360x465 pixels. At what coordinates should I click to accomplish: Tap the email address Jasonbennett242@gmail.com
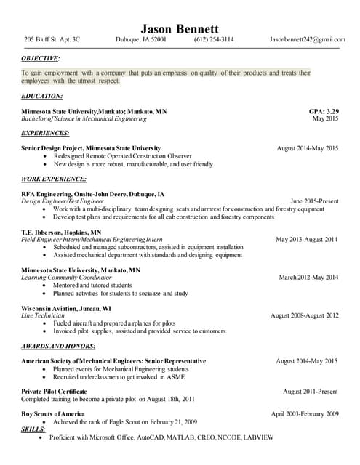click(307, 39)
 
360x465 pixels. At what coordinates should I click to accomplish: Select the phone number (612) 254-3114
click(214, 39)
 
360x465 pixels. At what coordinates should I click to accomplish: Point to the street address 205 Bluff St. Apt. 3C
click(52, 39)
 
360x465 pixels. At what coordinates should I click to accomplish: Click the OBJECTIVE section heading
click(41, 57)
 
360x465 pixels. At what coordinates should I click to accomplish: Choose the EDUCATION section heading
click(42, 96)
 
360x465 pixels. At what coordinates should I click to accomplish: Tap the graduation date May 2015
click(325, 118)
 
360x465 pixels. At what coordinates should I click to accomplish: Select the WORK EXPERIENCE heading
click(54, 179)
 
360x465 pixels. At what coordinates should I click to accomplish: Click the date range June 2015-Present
click(314, 201)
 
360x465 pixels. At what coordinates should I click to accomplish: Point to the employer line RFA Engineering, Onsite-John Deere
click(92, 194)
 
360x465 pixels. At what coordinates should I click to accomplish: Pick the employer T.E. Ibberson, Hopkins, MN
click(62, 232)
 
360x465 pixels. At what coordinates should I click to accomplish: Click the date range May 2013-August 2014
click(307, 239)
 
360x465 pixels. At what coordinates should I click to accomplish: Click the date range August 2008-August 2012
click(305, 315)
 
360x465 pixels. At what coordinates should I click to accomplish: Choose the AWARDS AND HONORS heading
click(58, 346)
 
